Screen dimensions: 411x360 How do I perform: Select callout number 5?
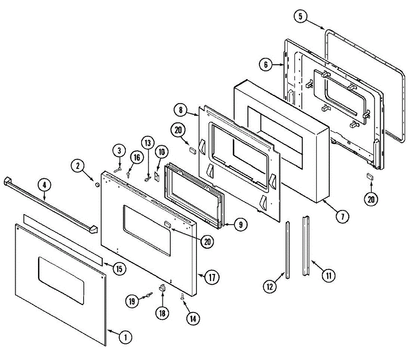point(300,16)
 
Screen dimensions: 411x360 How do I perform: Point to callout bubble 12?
point(270,286)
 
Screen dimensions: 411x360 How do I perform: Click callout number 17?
point(212,277)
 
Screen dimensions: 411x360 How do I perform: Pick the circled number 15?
point(119,269)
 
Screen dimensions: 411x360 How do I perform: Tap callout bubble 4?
point(44,185)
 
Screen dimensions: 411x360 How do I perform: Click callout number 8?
point(180,110)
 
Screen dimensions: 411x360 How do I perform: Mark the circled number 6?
point(266,64)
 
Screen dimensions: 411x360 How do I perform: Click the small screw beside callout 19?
point(149,294)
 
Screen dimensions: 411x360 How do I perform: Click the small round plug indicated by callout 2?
point(97,185)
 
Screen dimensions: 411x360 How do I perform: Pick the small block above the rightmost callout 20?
point(370,177)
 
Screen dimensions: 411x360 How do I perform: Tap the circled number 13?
point(147,142)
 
